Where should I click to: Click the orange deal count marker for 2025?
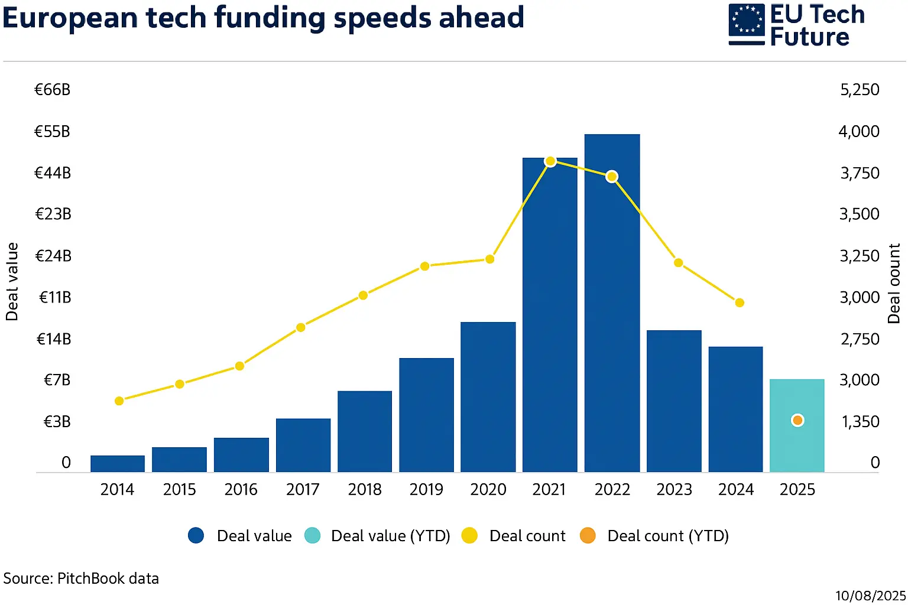point(797,420)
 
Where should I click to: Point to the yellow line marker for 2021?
point(550,161)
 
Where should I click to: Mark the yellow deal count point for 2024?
point(740,302)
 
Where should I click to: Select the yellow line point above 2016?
point(239,366)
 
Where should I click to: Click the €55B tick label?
point(53,131)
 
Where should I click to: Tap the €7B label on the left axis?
point(57,380)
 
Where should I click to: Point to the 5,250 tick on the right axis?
point(860,90)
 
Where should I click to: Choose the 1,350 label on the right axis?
point(860,422)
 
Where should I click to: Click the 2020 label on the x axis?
point(488,490)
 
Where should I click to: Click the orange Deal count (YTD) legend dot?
point(588,536)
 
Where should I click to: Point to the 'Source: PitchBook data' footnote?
point(81,578)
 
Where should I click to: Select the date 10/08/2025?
point(870,596)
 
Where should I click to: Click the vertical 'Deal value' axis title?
point(12,282)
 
